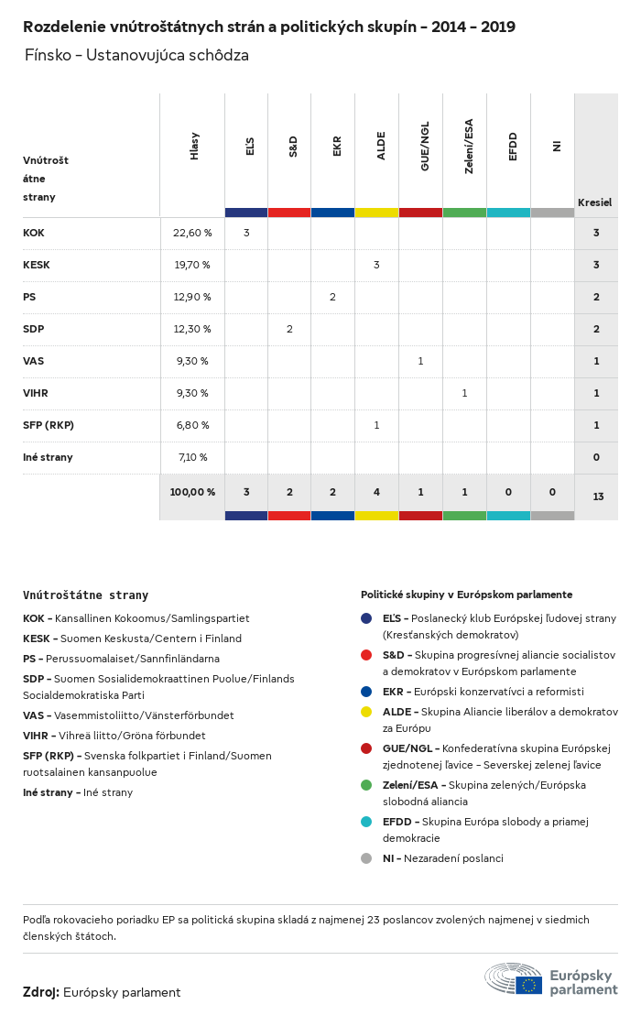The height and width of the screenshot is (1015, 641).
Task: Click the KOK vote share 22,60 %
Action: tap(192, 233)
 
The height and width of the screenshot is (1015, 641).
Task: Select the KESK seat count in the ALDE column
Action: tap(376, 265)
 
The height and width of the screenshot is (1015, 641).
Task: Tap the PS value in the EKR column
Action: tap(332, 297)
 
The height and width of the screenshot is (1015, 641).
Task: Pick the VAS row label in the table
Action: tap(33, 361)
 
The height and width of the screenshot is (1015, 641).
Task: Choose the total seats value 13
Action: tap(597, 497)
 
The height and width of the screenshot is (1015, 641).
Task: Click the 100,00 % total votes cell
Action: tap(192, 492)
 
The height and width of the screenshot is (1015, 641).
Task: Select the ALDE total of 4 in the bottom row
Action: tap(376, 492)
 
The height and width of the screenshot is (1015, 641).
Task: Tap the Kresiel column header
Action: tap(594, 202)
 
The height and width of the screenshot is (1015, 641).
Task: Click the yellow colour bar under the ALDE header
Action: tap(376, 213)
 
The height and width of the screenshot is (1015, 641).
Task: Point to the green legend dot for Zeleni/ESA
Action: tap(366, 785)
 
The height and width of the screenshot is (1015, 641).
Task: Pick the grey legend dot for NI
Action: tap(366, 858)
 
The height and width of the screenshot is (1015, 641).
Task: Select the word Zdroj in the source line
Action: tap(41, 992)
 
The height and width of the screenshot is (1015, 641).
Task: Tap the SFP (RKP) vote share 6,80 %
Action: tap(191, 425)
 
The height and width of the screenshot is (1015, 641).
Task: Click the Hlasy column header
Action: tap(194, 147)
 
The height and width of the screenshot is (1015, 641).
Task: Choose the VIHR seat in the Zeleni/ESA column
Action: tap(464, 393)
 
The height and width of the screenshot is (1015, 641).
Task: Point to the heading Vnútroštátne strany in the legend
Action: tap(85, 595)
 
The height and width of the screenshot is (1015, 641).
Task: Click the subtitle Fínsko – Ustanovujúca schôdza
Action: tap(136, 56)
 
